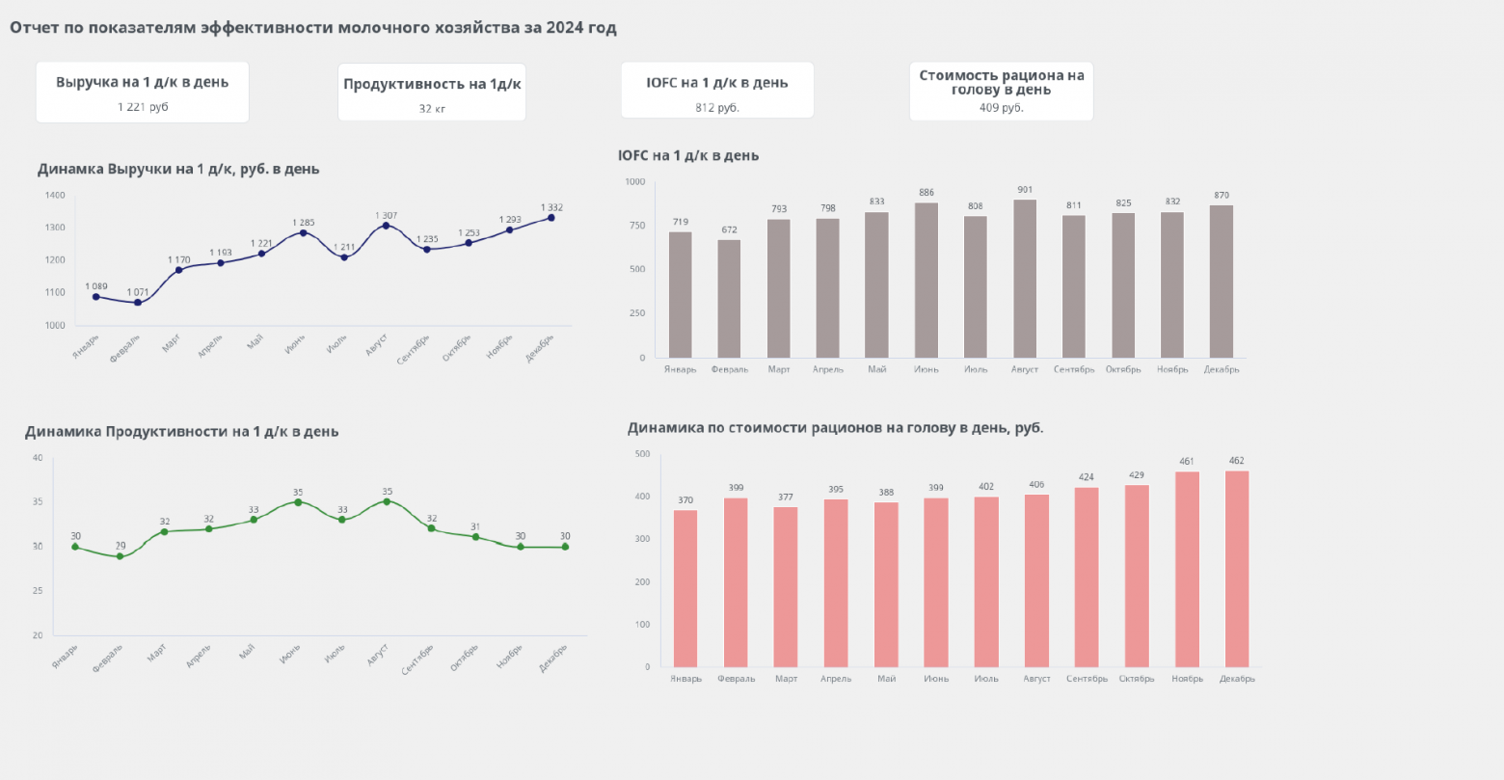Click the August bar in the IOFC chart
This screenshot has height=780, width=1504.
[1025, 279]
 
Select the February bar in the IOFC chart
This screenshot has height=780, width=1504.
[729, 299]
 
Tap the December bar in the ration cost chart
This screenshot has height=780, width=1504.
[1237, 569]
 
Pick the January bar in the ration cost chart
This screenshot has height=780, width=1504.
[685, 588]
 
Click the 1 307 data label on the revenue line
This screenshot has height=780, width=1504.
[386, 215]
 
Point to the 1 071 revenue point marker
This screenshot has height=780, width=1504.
[138, 303]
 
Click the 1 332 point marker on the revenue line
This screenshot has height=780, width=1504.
[551, 218]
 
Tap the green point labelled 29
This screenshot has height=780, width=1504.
[121, 556]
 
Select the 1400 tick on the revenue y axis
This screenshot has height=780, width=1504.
[55, 196]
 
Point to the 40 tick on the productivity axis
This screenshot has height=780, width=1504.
[38, 457]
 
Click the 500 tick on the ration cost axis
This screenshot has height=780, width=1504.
[642, 454]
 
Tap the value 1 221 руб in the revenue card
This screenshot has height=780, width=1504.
[143, 107]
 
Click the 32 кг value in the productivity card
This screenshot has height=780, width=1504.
[432, 109]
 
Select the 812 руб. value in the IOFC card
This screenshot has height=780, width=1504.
[717, 108]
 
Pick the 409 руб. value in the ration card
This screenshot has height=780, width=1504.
[1001, 108]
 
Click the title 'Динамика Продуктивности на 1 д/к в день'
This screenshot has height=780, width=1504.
[181, 432]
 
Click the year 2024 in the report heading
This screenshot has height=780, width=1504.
[564, 28]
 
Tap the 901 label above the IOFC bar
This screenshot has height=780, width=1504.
[1025, 190]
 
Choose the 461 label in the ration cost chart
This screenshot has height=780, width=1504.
[1187, 462]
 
